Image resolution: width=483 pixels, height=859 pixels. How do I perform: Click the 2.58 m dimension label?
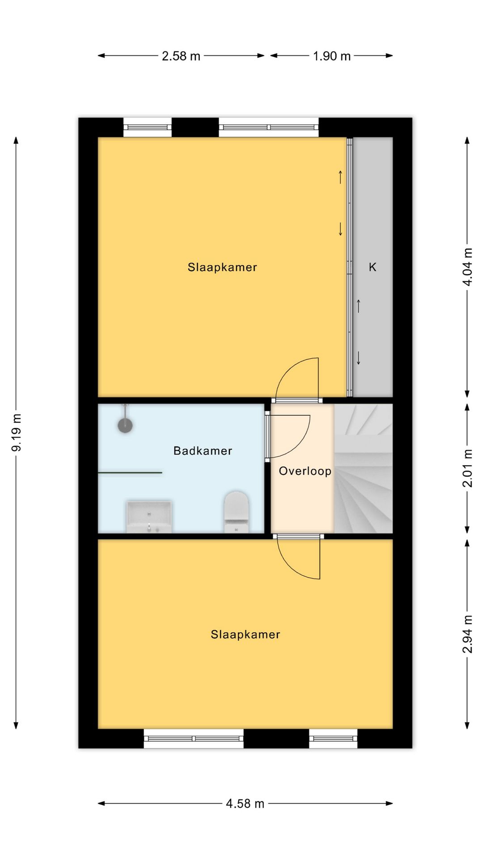[x=181, y=56]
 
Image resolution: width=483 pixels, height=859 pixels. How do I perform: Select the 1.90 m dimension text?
[x=332, y=56]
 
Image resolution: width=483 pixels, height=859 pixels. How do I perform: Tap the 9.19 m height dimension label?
[x=17, y=433]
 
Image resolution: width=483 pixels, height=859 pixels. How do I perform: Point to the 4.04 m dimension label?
[x=467, y=267]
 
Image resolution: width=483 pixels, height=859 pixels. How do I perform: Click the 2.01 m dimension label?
[x=467, y=468]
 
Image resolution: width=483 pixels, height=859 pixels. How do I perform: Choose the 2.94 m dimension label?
[x=467, y=634]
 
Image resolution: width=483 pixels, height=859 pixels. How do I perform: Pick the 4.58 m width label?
[x=245, y=804]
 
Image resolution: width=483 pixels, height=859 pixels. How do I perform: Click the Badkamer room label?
[x=203, y=451]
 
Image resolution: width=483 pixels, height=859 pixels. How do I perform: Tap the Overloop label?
[x=305, y=471]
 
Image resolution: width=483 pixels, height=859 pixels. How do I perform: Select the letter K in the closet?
[x=373, y=267]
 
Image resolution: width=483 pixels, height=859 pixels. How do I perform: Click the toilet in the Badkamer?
[x=236, y=512]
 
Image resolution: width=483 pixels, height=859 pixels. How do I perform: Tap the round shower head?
[x=125, y=425]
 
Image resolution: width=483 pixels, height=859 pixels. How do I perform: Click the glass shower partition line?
[x=130, y=472]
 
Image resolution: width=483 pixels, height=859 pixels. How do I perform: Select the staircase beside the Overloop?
[x=363, y=468]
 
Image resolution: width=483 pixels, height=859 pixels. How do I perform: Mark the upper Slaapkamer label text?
[x=222, y=267]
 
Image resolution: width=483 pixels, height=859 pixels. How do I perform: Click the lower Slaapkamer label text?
[x=246, y=634]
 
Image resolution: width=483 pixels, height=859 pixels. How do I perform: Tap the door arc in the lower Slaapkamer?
[x=291, y=566]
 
